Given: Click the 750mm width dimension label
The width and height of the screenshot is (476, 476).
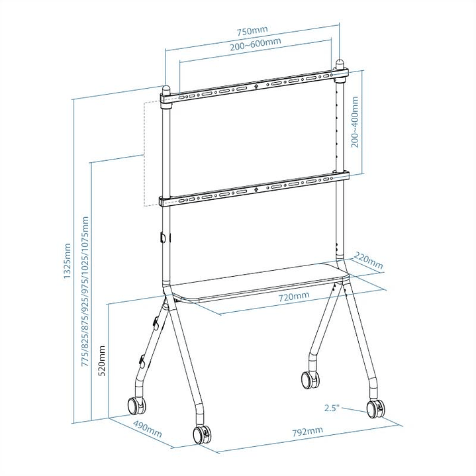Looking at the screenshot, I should click(256, 31).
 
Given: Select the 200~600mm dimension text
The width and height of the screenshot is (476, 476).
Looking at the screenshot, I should click(256, 43).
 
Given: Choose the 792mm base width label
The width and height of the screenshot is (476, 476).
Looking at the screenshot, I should click(308, 432).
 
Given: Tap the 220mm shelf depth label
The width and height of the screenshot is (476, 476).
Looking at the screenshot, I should click(368, 261).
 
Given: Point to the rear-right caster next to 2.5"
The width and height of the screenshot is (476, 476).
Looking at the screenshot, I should click(374, 408).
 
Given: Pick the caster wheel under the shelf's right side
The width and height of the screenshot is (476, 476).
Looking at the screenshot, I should click(310, 380).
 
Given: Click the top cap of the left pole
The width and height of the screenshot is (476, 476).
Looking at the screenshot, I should click(166, 89).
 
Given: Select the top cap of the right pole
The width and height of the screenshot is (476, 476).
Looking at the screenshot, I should click(341, 66).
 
